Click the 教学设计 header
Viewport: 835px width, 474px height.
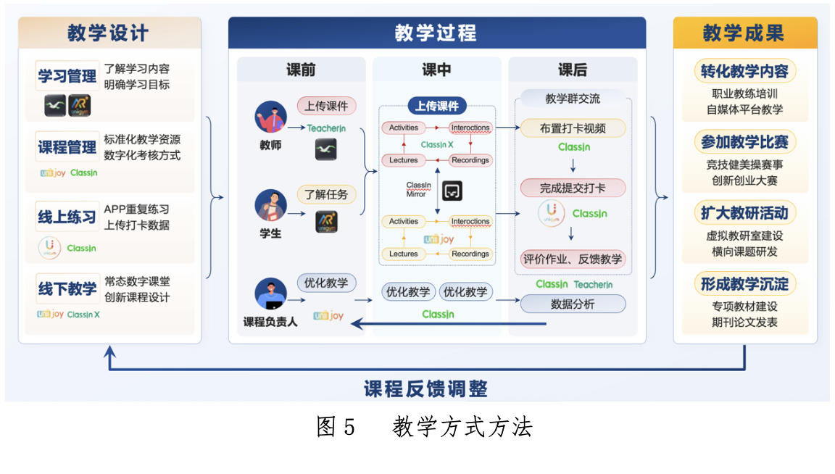109,33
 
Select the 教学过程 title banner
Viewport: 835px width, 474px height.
436,33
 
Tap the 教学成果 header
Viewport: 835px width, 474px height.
744,33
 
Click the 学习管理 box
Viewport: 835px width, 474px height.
67,76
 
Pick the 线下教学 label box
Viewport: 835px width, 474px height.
67,288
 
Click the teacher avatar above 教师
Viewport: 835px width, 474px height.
270,117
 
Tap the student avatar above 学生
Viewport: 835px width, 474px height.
270,205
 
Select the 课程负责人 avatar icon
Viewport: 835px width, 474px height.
270,294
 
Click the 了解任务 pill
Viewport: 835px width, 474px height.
326,194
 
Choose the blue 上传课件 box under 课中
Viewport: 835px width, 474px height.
436,106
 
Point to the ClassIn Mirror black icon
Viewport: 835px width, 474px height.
452,191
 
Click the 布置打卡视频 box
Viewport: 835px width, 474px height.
573,129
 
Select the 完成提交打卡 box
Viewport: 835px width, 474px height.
573,188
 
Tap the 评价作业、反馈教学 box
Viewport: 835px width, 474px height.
573,259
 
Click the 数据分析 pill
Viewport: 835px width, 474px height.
573,304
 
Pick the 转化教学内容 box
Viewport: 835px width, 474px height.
744,72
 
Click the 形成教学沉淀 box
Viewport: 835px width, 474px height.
744,283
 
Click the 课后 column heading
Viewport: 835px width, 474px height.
572,70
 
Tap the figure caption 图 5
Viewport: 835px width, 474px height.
336,428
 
